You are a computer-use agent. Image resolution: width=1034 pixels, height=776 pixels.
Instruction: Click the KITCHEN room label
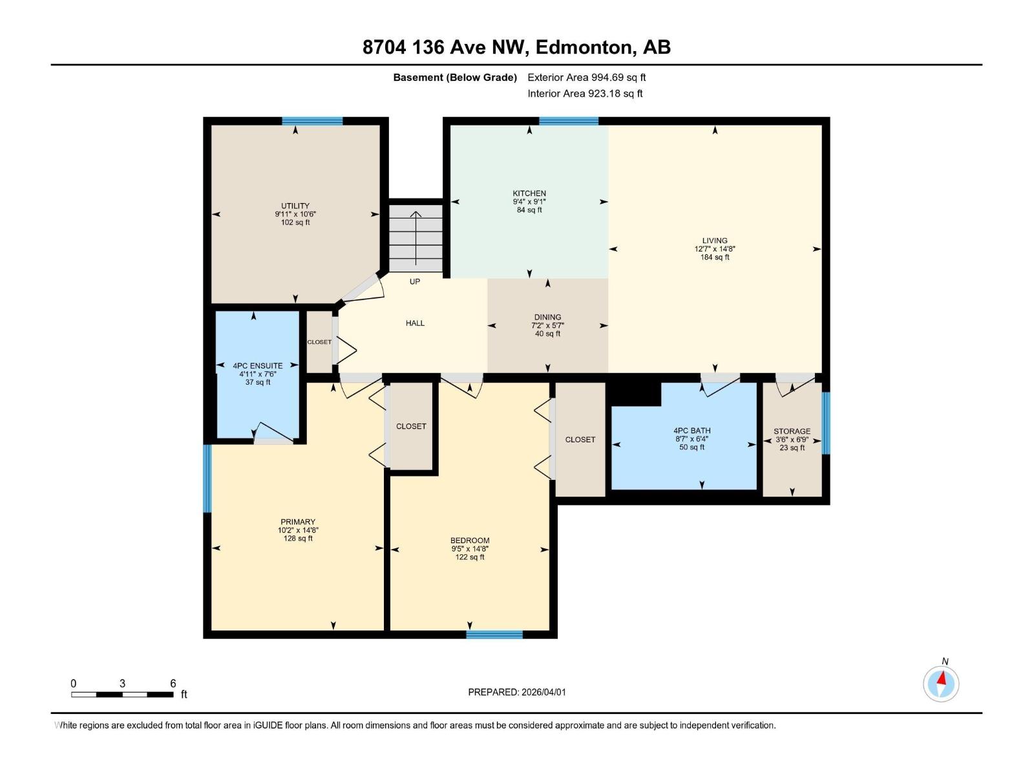(x=529, y=193)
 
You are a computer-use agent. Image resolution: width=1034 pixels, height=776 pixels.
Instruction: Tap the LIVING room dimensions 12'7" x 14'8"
(x=715, y=249)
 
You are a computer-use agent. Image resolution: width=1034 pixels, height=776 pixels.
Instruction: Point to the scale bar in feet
(x=122, y=694)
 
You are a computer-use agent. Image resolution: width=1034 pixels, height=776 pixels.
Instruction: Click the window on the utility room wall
(x=312, y=121)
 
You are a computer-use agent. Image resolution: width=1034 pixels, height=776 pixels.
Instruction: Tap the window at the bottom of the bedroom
(x=494, y=634)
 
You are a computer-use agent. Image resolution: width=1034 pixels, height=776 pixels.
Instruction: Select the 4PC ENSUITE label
(x=258, y=366)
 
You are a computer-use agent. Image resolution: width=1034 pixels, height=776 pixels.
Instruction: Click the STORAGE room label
(x=792, y=431)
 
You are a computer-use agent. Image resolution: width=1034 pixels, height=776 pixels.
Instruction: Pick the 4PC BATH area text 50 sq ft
(x=691, y=447)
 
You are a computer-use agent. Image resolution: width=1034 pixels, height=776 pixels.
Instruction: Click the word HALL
(x=415, y=323)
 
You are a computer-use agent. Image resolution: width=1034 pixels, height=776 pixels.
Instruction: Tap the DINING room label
(x=547, y=318)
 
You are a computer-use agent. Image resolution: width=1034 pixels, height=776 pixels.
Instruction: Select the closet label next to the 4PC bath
(x=580, y=440)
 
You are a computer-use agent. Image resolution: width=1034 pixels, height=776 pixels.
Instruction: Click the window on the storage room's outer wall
(x=825, y=423)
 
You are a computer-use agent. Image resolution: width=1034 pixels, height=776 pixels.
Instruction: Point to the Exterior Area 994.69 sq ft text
(x=586, y=78)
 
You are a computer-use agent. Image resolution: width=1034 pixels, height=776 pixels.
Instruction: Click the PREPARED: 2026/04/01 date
(x=516, y=692)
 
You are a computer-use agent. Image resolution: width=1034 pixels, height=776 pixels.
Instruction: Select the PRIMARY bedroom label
(x=298, y=522)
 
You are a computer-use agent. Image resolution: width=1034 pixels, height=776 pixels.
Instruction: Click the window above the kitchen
(x=569, y=121)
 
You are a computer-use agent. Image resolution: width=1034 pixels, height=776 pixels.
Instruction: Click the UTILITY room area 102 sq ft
(x=295, y=222)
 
